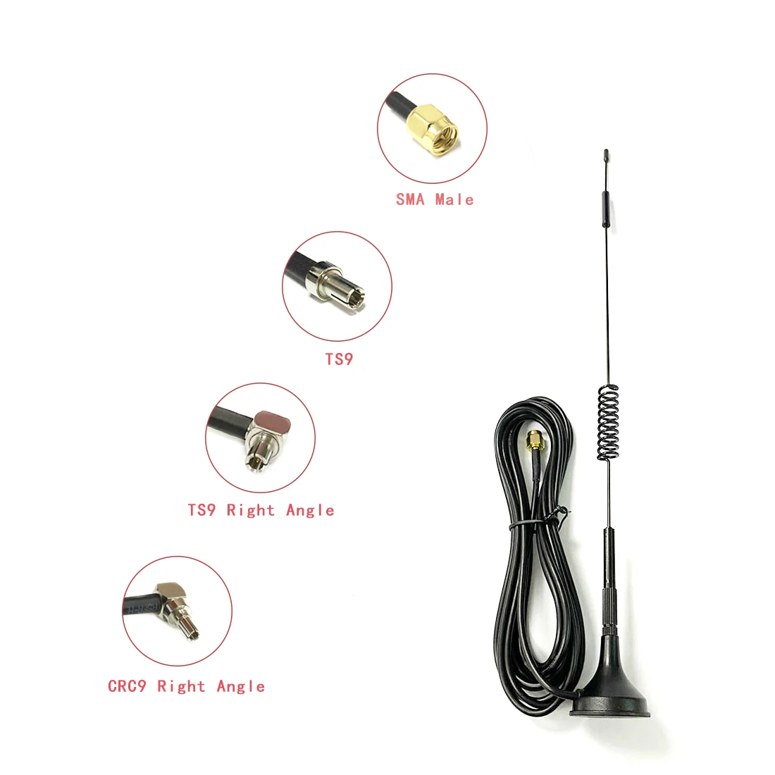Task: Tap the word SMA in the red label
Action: click(x=410, y=199)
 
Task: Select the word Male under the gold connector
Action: click(x=454, y=199)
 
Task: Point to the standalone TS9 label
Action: click(x=339, y=359)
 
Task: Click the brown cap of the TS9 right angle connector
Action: click(x=273, y=423)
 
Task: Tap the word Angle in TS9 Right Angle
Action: click(x=310, y=510)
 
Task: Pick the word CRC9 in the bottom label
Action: click(x=128, y=686)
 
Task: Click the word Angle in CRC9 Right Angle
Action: click(x=241, y=686)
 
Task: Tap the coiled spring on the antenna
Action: click(x=607, y=423)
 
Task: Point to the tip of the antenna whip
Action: click(x=605, y=152)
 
